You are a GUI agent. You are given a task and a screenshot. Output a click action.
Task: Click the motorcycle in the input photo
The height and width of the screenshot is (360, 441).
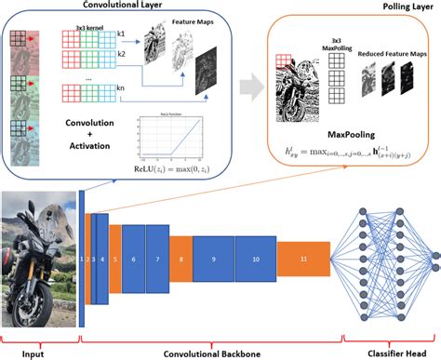37,265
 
